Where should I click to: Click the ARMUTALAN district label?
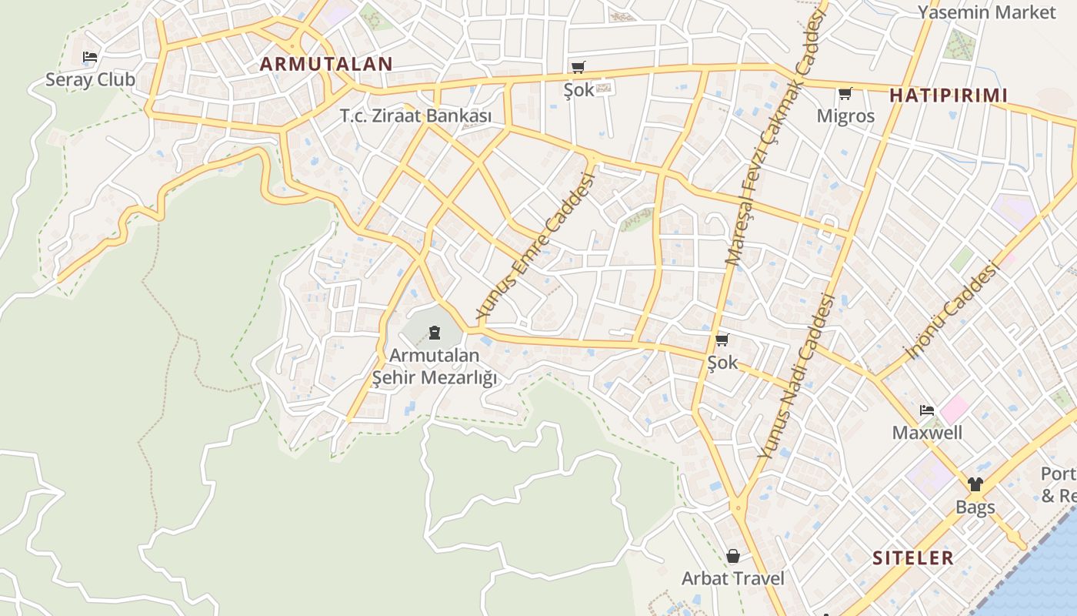(x=326, y=64)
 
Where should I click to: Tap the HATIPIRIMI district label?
(x=948, y=95)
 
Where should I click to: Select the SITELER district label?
(x=912, y=557)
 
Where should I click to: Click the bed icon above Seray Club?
(x=90, y=57)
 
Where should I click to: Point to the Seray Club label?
(x=90, y=79)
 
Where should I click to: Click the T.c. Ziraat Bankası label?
(x=415, y=116)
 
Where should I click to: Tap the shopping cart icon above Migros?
(x=845, y=94)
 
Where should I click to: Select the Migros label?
(x=845, y=116)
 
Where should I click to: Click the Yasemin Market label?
(x=987, y=12)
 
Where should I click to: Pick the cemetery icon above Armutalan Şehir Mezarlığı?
(x=435, y=333)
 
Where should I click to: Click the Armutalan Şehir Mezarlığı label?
(x=435, y=367)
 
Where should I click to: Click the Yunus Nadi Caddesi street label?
(x=796, y=377)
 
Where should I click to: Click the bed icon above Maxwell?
(x=927, y=410)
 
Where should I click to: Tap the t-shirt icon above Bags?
(x=975, y=484)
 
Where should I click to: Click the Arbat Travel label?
(x=732, y=578)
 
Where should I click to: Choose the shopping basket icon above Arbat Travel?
(x=732, y=556)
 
